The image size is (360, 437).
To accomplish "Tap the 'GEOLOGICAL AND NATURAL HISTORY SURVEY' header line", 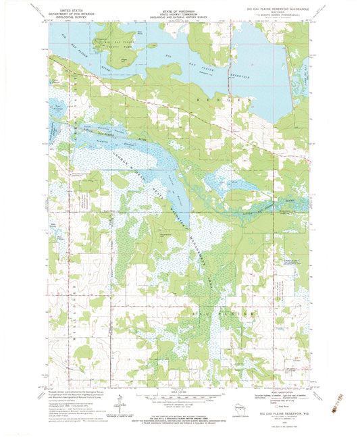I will (x=180, y=18).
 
